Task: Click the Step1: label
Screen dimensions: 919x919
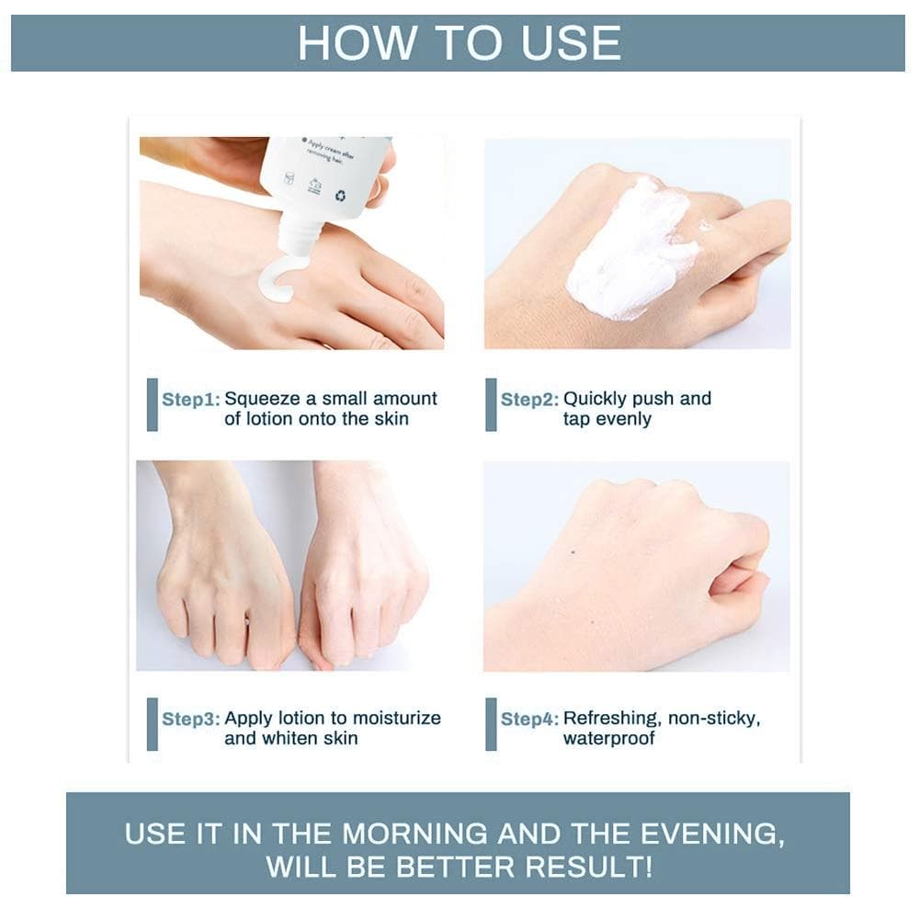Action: [191, 400]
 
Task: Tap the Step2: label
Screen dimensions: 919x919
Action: [529, 400]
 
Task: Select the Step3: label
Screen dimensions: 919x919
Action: [191, 719]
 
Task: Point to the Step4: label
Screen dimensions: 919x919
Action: [529, 719]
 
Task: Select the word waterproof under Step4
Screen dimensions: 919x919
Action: [608, 738]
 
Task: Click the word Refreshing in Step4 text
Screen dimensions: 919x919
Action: [611, 719]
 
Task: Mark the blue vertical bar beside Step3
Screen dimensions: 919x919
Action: [153, 724]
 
